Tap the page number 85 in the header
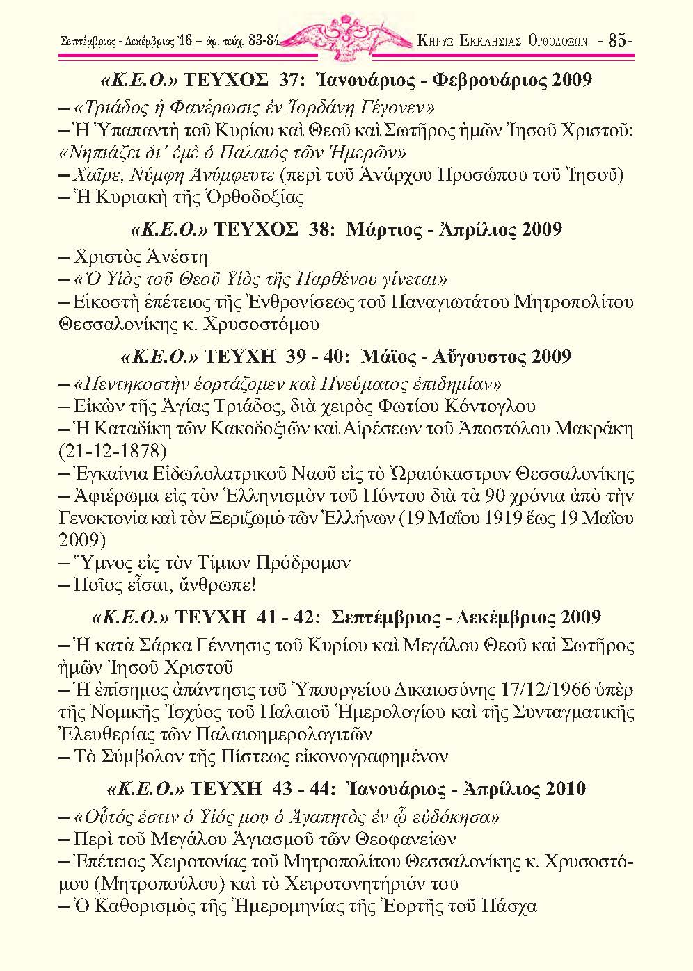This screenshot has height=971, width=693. (618, 40)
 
